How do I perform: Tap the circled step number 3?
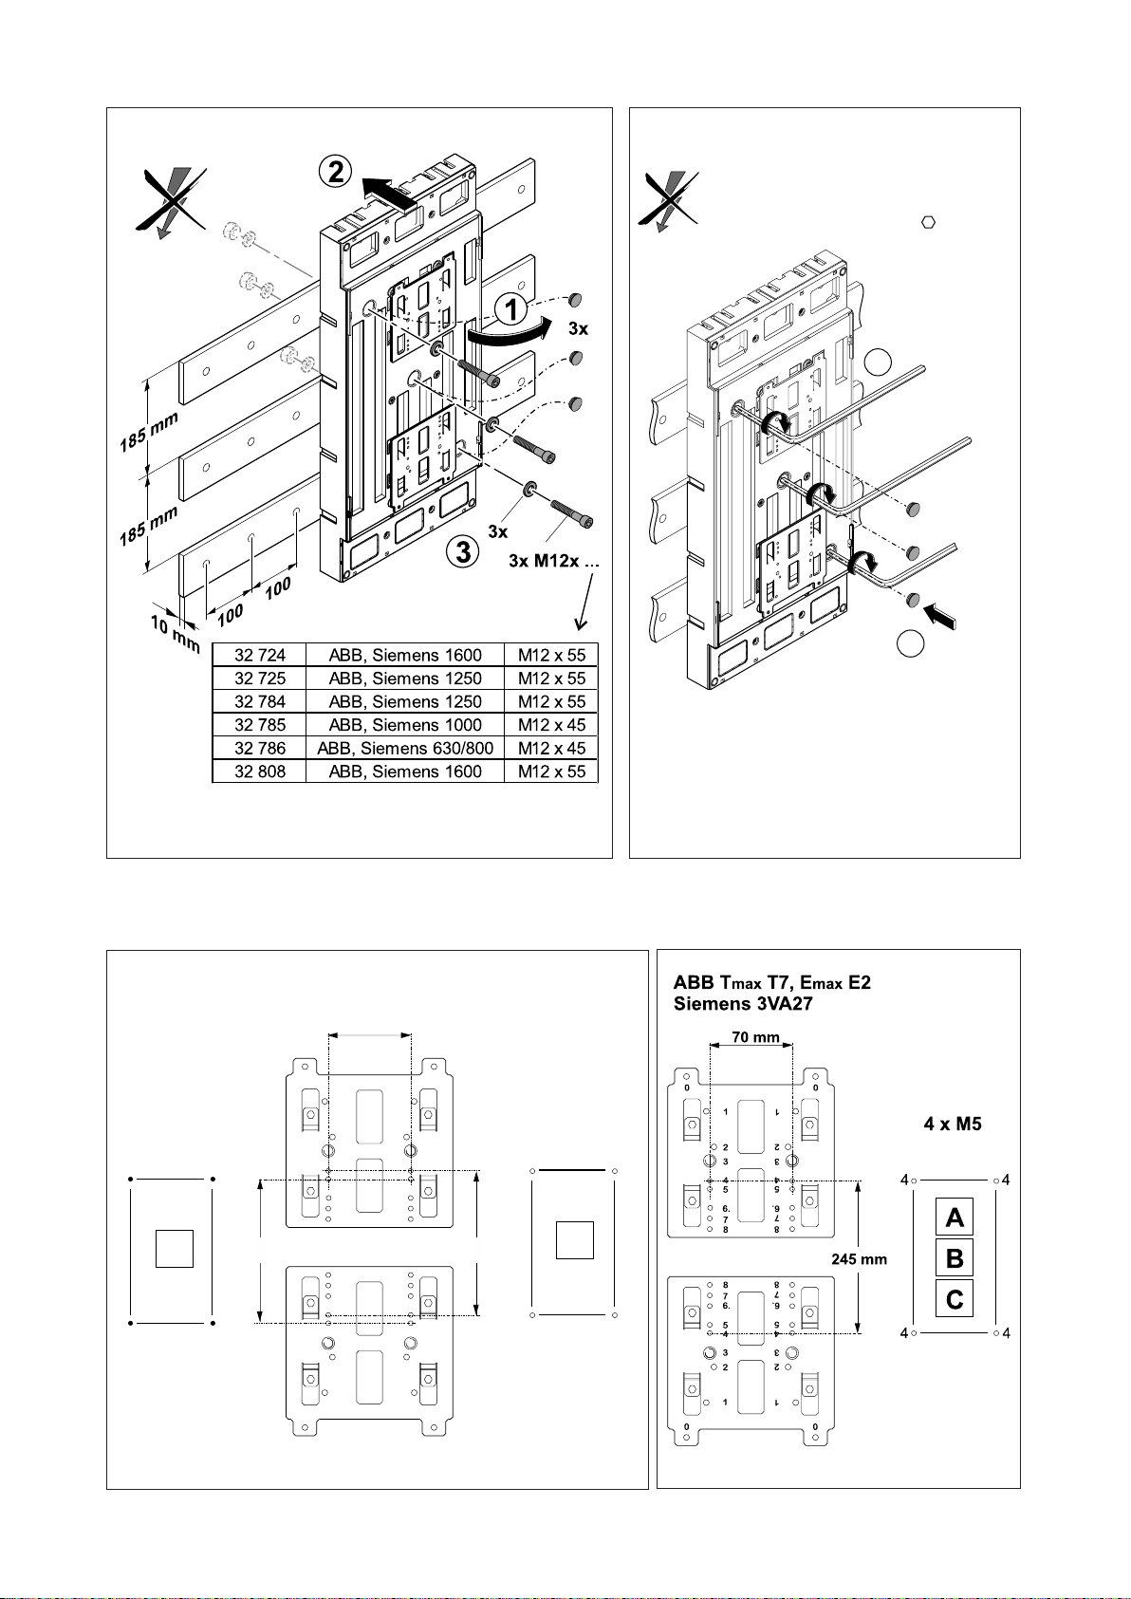462,551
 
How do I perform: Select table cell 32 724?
259,655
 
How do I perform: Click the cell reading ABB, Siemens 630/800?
405,748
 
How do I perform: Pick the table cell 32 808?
259,772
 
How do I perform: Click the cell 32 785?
259,725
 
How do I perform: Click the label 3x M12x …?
554,561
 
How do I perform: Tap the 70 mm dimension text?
755,1037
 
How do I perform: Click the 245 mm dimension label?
859,1259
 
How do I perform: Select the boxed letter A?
955,1217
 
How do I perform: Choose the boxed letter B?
955,1258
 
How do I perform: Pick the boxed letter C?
955,1298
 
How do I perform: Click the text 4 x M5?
953,1125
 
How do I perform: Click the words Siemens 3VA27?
743,1004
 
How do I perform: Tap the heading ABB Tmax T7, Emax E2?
771,982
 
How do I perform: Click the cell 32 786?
259,748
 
